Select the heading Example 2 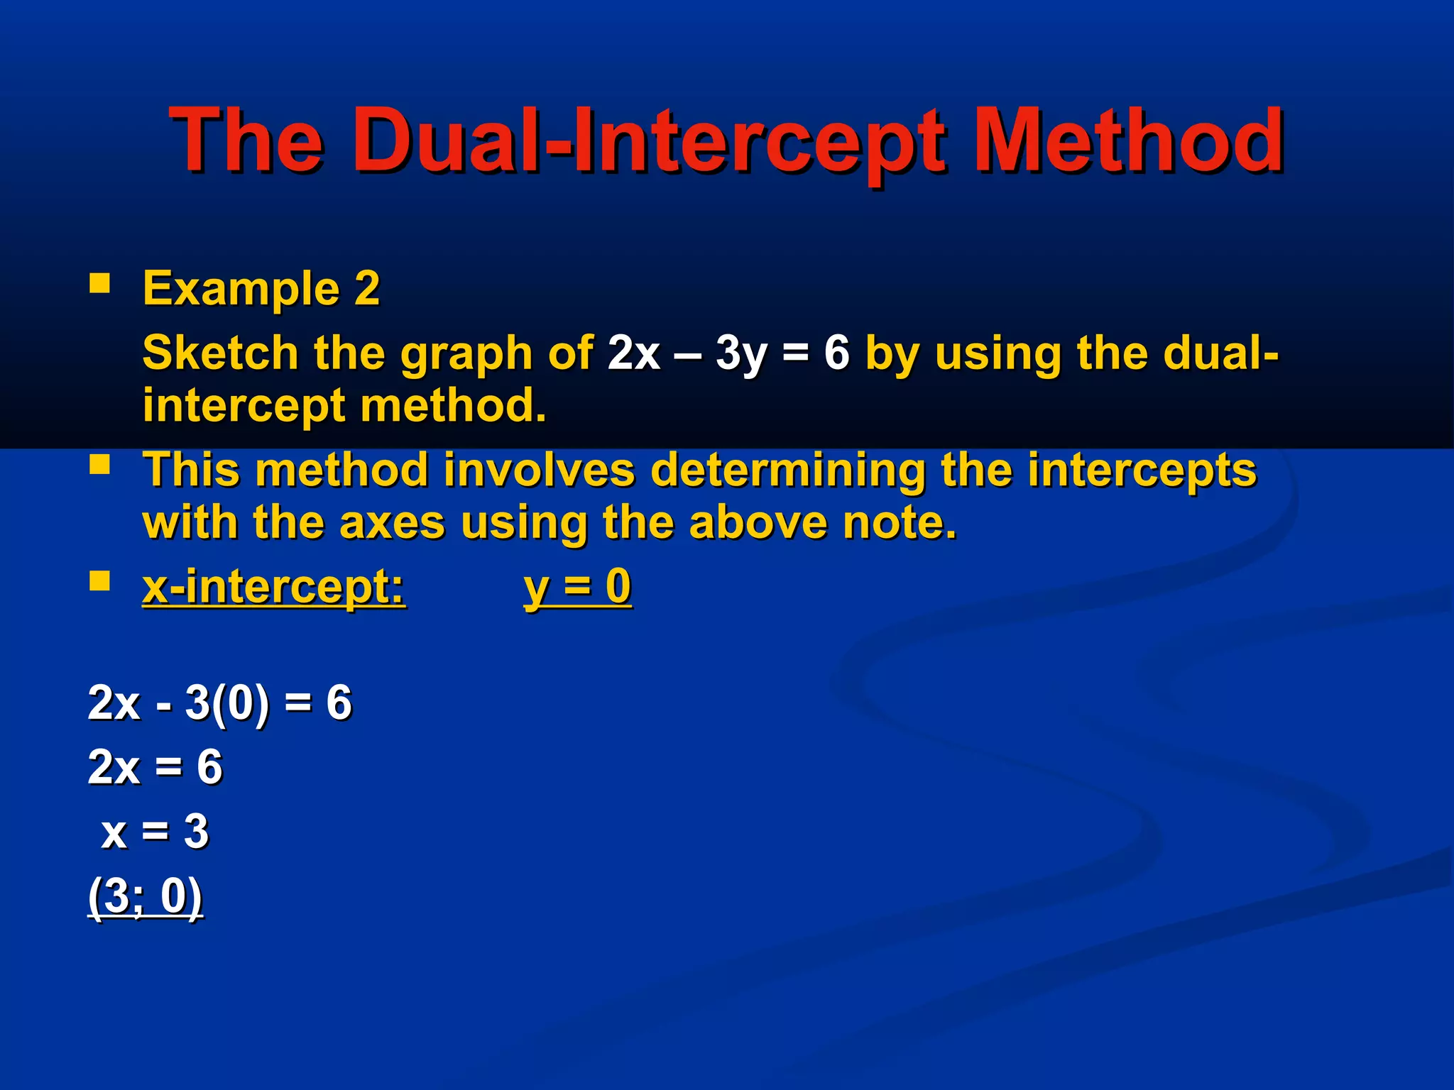pos(261,288)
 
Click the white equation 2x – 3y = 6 pos(728,353)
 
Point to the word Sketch pos(220,353)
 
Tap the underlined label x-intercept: pos(274,588)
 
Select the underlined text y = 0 pos(577,588)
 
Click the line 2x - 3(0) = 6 pos(219,703)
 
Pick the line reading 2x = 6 pos(155,767)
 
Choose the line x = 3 pos(155,831)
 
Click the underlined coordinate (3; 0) pos(146,896)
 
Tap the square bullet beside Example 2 pos(100,285)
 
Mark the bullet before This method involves pos(100,466)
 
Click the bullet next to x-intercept pos(100,582)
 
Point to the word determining pos(787,470)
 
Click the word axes pos(393,523)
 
